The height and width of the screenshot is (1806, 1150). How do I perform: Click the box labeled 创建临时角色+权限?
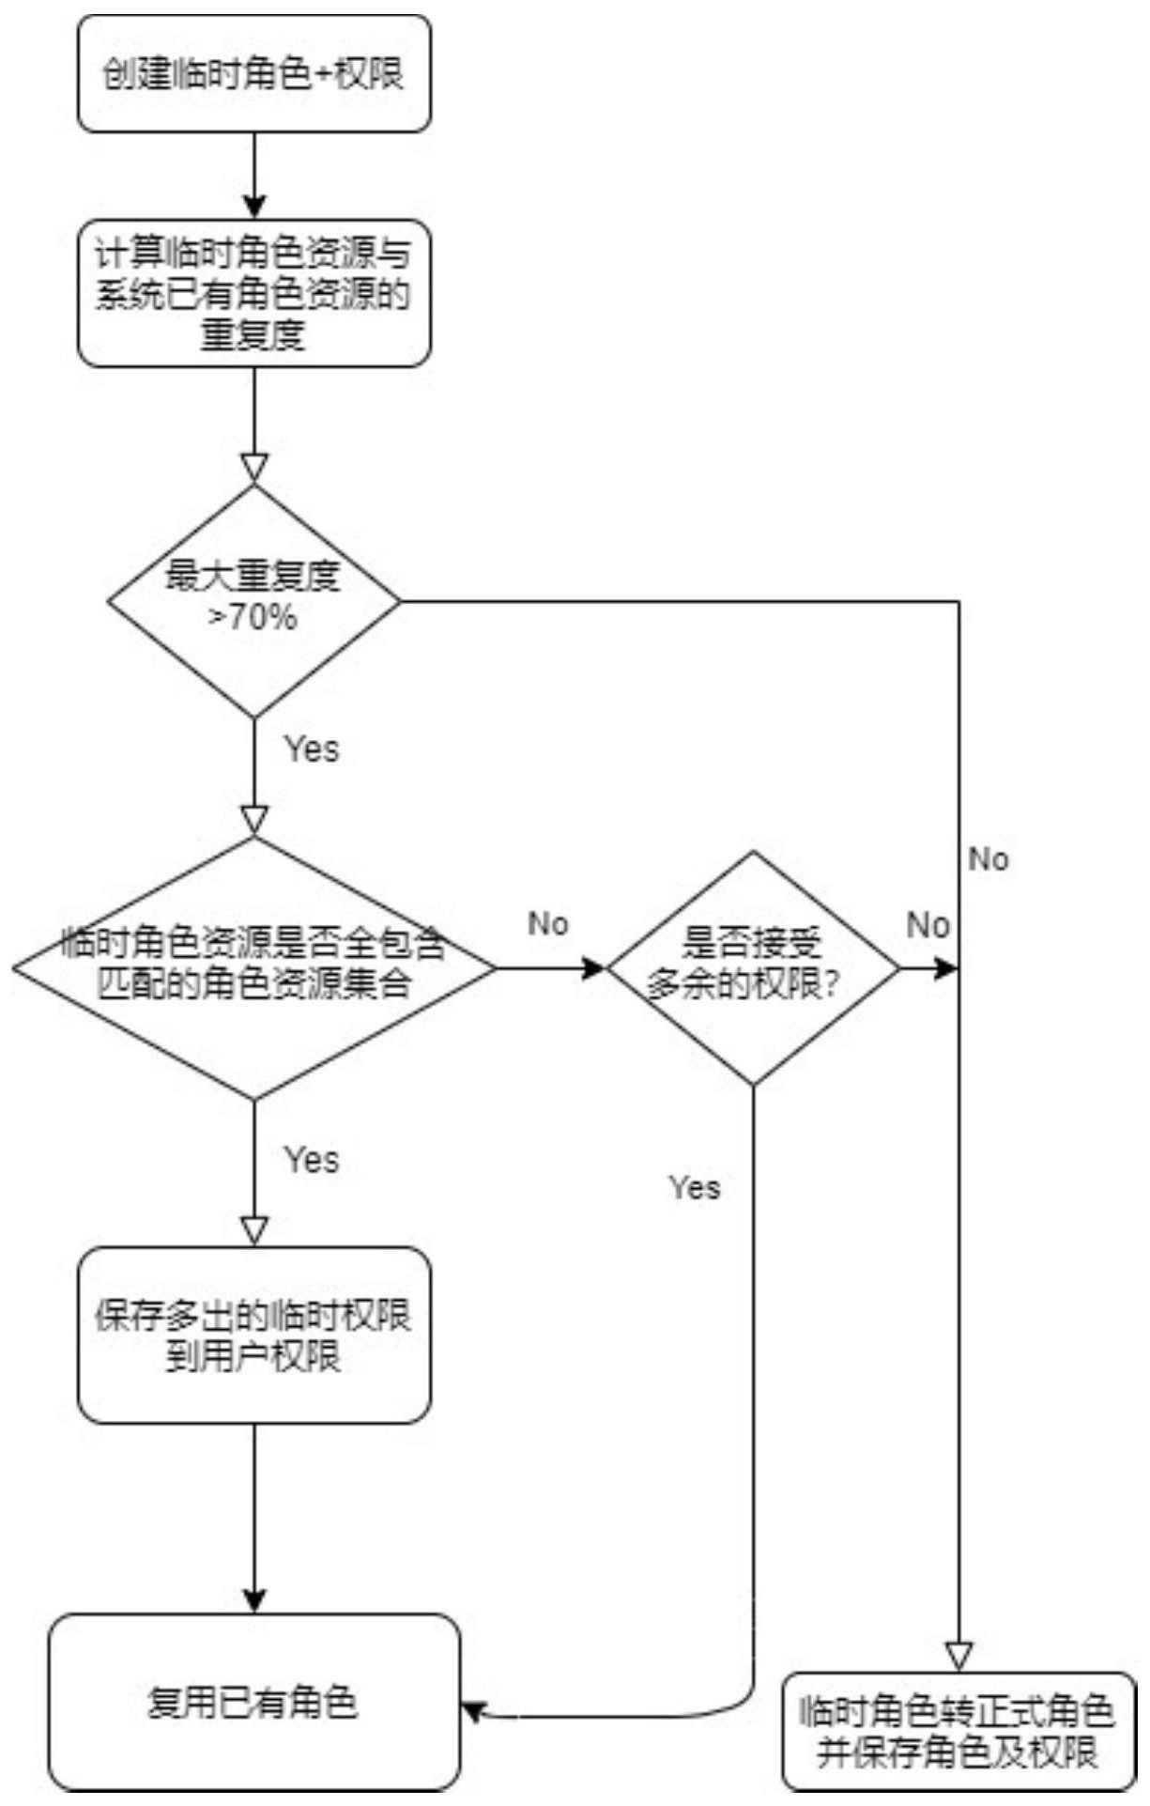click(x=253, y=73)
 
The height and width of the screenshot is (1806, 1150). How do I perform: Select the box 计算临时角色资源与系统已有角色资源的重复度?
click(x=253, y=293)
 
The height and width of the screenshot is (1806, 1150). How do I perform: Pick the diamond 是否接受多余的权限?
click(x=753, y=967)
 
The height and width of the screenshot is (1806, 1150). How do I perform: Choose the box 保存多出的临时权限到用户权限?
click(x=253, y=1335)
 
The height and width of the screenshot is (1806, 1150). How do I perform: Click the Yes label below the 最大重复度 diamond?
click(x=312, y=749)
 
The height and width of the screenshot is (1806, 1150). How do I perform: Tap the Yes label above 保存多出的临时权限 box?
click(x=312, y=1159)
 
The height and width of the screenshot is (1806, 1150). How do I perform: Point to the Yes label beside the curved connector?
click(x=695, y=1187)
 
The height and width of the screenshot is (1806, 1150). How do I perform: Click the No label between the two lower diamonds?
click(x=548, y=923)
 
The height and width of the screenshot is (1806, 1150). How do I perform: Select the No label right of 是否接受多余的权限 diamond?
click(x=928, y=925)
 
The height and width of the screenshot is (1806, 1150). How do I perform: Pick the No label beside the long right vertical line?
click(x=989, y=858)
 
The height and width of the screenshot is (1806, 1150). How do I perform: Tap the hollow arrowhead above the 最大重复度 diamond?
click(x=254, y=468)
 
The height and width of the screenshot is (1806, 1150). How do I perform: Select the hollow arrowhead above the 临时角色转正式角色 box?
click(x=958, y=1655)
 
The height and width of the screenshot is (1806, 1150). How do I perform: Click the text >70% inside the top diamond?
click(x=253, y=618)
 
